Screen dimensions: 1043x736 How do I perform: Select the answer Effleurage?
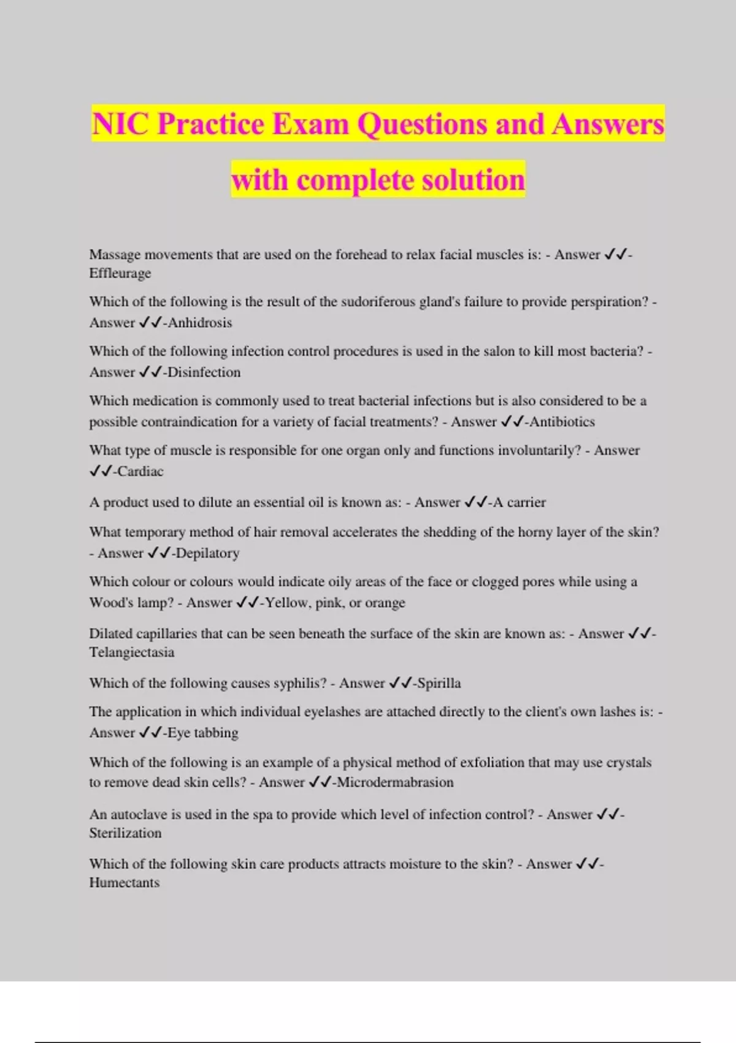[x=120, y=274]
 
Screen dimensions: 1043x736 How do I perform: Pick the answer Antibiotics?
[x=562, y=422]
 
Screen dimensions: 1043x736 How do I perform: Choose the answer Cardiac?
[x=140, y=472]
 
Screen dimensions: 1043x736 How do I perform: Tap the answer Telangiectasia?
[x=132, y=652]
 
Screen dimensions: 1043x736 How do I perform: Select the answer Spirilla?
[x=439, y=683]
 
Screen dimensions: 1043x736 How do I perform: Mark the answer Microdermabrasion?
[x=396, y=783]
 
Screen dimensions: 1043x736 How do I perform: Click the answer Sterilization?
[x=126, y=833]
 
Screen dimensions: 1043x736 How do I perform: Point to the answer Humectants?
[x=125, y=883]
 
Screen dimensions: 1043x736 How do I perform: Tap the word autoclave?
[x=140, y=815]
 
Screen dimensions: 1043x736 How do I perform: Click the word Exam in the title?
[x=310, y=125]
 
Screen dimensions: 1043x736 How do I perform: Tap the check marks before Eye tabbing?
[x=150, y=733]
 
